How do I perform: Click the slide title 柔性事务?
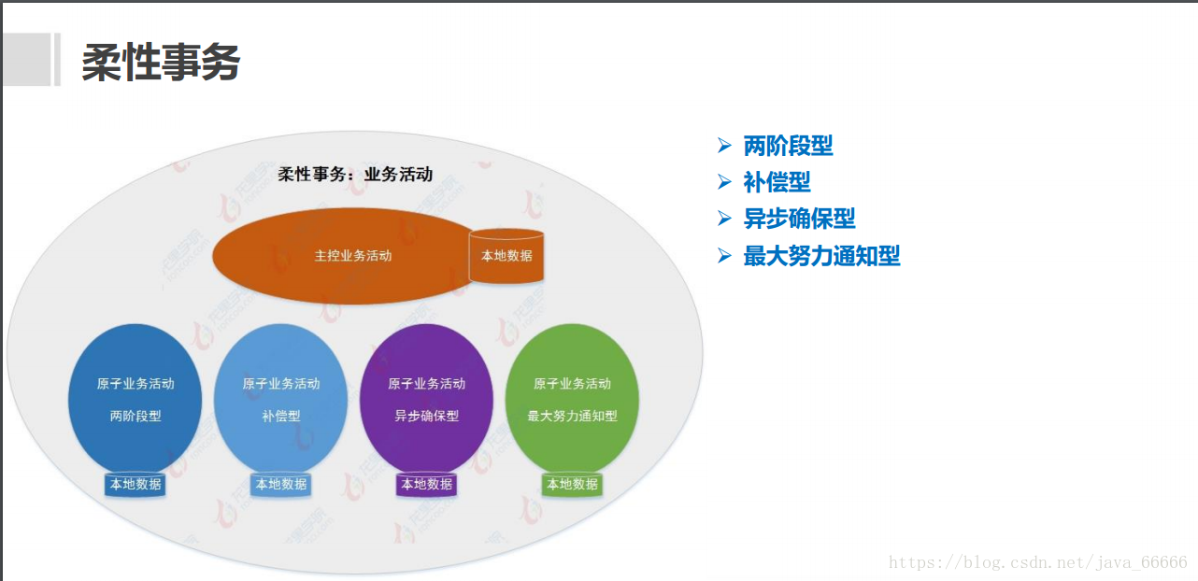point(161,64)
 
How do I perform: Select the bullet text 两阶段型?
point(788,146)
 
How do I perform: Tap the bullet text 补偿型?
point(777,182)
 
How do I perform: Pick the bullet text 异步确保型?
point(799,219)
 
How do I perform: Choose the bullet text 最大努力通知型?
point(821,256)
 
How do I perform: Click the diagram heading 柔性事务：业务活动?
point(355,174)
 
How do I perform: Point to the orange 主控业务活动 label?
point(353,256)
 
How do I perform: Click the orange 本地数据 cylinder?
point(506,256)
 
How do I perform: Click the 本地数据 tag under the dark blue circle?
point(135,484)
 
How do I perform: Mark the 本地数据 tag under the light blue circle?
point(281,484)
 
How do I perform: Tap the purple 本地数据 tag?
point(427,484)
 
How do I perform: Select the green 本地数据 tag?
point(572,484)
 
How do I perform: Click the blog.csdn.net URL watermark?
point(1037,562)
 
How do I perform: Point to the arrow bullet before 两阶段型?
point(724,145)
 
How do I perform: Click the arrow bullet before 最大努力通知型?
point(724,255)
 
